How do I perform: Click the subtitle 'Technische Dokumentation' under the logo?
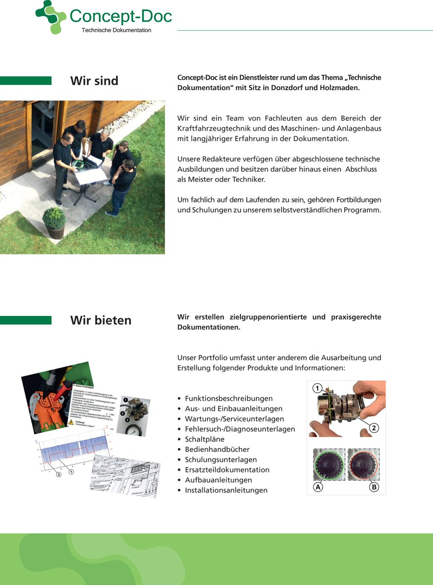[116, 30]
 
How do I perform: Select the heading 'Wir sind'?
[94, 80]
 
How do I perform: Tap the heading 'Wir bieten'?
[101, 320]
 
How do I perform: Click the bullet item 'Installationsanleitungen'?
[226, 490]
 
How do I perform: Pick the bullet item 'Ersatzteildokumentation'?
[227, 470]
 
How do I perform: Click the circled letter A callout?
[318, 487]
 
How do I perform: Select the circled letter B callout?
[374, 487]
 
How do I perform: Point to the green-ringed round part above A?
[329, 465]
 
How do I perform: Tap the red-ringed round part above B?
[363, 465]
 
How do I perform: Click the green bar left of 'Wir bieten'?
[26, 320]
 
